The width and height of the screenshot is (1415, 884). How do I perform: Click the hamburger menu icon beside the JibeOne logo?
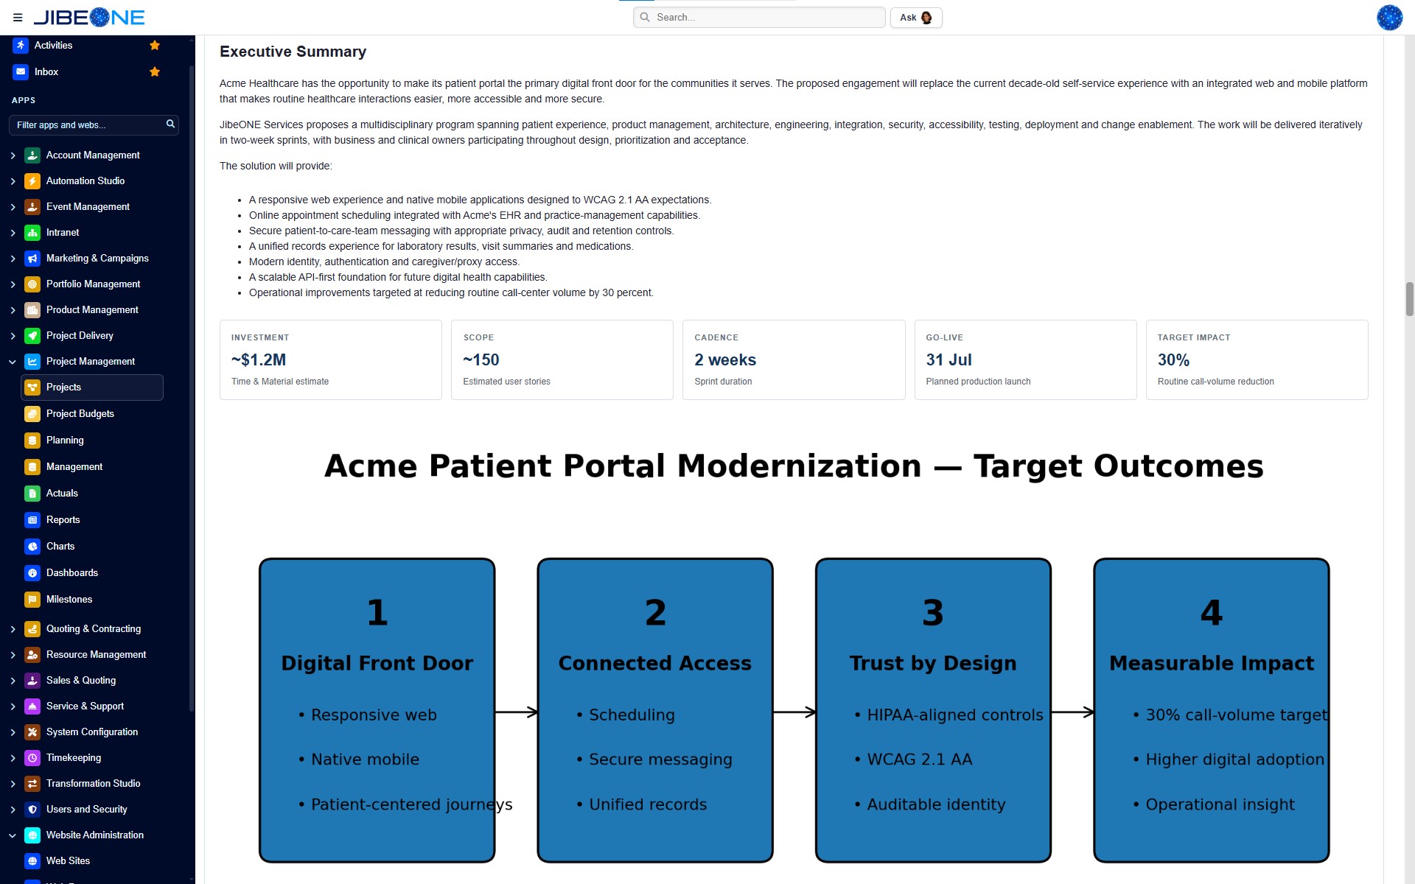coord(18,18)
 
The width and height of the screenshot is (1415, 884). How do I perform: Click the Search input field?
coord(759,18)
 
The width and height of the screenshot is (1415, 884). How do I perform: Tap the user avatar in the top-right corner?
coord(1389,18)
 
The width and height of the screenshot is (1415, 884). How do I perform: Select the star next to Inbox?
coord(155,71)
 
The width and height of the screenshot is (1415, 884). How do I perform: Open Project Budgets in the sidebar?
coord(80,414)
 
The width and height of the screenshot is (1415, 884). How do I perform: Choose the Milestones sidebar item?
coord(69,600)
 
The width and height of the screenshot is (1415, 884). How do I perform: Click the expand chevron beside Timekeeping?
coord(13,758)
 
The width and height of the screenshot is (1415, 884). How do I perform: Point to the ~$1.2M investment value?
coord(259,360)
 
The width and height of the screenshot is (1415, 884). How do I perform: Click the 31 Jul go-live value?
coord(948,360)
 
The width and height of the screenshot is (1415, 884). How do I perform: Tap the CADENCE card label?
coord(716,337)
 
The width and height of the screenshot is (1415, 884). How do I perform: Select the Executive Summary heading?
coord(293,52)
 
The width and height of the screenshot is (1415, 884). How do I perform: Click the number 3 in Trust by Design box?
coord(933,612)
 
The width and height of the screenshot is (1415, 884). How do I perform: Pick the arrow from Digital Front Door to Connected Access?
coord(516,712)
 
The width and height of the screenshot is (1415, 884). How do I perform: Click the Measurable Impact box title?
coord(1212,663)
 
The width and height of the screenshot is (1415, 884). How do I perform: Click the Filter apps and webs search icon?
coord(170,124)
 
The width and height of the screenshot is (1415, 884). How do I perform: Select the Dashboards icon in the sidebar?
coord(32,573)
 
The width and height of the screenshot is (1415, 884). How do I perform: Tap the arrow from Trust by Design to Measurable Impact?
coord(1072,712)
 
